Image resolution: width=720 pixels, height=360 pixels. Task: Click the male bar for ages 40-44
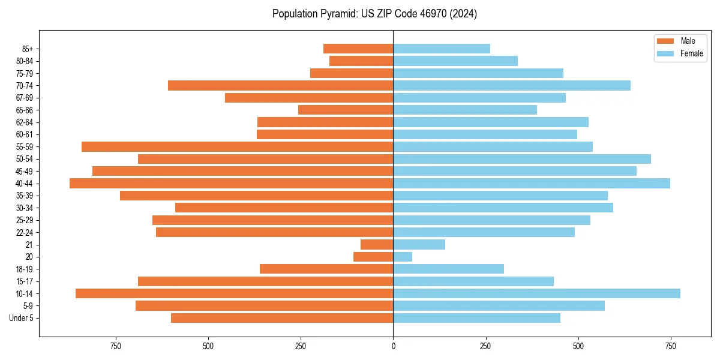coord(231,184)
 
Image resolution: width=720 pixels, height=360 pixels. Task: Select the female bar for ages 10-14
coord(536,293)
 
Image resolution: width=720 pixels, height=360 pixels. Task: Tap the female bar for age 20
coord(403,257)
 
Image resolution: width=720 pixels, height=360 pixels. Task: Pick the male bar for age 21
coord(377,245)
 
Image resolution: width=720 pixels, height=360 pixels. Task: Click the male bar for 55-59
coord(237,147)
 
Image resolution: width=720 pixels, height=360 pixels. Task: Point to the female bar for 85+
coord(442,49)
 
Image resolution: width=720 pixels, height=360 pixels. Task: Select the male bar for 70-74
coord(280,86)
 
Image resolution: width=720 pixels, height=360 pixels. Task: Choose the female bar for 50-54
coord(522,159)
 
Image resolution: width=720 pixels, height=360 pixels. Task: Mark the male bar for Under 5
coord(282,318)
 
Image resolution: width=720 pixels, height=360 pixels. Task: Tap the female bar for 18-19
coord(448,269)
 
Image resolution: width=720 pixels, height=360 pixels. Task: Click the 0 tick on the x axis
coord(393,347)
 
